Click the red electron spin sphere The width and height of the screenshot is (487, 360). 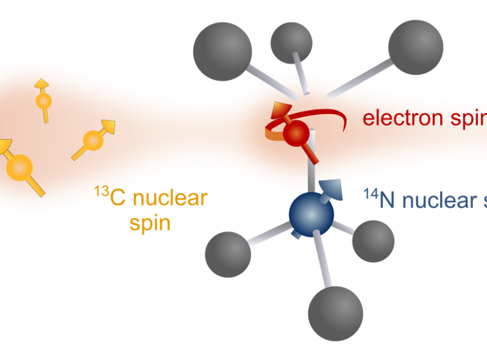295,133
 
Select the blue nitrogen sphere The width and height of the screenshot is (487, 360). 311,215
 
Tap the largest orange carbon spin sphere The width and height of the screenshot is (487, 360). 19,167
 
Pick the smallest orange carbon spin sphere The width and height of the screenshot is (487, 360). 43,101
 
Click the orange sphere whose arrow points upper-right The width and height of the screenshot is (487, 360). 93,139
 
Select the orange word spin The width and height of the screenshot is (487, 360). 150,222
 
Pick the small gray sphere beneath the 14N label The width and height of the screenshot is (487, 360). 373,241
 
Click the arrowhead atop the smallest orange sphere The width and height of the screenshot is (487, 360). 41,83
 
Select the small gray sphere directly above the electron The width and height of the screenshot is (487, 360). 291,42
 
